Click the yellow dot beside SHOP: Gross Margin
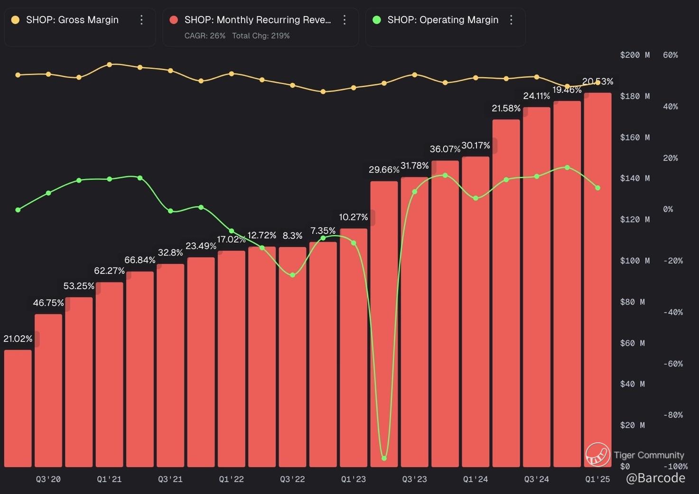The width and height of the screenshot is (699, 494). click(16, 20)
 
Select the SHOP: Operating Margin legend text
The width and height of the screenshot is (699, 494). click(443, 20)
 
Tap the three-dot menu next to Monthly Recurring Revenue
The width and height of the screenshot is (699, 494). click(345, 20)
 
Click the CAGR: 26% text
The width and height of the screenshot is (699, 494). click(205, 36)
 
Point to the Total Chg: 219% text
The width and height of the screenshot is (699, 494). click(261, 36)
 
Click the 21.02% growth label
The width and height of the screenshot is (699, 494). click(18, 338)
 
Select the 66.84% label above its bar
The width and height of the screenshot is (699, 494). click(140, 260)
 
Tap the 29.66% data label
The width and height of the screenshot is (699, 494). click(383, 170)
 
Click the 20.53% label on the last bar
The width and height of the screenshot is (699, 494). click(597, 82)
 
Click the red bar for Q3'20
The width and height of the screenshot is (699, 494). click(48, 389)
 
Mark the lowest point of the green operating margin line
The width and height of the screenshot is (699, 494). click(384, 458)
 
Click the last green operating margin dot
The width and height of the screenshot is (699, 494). click(597, 188)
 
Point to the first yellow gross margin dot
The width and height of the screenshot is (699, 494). click(18, 75)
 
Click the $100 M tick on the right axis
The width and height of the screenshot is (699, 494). click(634, 261)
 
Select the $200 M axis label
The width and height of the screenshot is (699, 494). click(634, 55)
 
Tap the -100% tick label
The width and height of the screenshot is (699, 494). click(675, 467)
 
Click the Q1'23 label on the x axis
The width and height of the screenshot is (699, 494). click(354, 479)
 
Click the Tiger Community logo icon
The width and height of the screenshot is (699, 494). click(597, 455)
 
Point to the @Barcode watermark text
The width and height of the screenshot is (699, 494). click(655, 478)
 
